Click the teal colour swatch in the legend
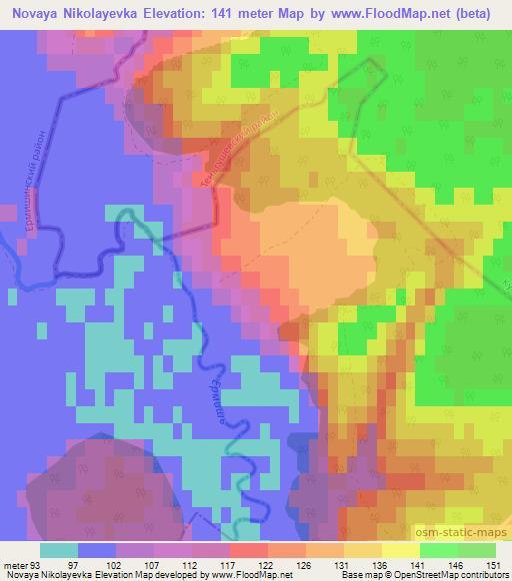click(x=59, y=549)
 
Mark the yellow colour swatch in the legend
click(x=401, y=549)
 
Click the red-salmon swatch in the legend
click(x=249, y=549)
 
